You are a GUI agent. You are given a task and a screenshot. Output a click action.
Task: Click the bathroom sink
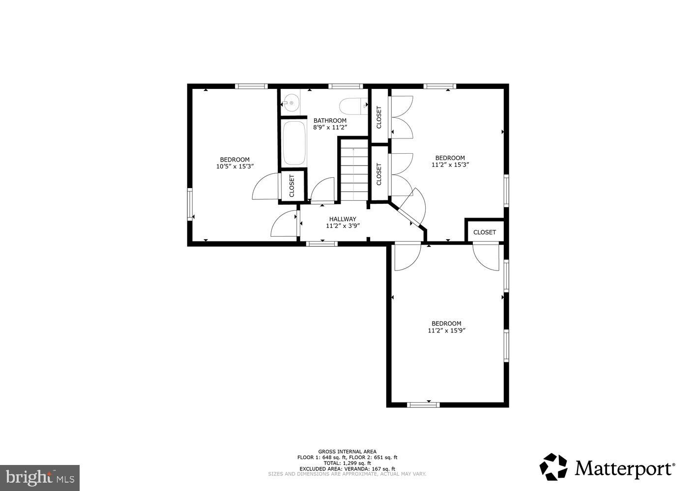click(290, 103)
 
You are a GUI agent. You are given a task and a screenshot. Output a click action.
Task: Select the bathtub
click(294, 143)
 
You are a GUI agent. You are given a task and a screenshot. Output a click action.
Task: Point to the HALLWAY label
click(343, 219)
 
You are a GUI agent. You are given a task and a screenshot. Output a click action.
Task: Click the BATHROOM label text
click(330, 120)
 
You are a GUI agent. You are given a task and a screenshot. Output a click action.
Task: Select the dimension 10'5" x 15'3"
click(234, 166)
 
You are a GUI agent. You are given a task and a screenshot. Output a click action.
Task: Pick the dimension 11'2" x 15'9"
click(446, 330)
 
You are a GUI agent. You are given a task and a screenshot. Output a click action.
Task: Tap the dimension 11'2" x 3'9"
click(343, 226)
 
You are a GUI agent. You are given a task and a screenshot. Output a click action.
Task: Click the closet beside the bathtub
click(292, 185)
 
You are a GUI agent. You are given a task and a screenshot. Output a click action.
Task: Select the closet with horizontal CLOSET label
click(484, 232)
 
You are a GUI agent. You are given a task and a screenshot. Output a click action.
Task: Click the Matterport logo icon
click(554, 467)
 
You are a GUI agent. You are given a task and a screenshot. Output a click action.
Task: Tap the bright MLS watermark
click(40, 477)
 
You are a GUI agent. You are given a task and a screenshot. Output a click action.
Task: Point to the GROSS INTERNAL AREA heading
click(347, 452)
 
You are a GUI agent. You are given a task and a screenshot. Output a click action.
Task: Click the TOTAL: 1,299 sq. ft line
click(347, 463)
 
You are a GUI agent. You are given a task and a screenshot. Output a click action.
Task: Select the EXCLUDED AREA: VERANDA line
click(347, 468)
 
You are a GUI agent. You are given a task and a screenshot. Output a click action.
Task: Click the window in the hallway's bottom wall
click(321, 244)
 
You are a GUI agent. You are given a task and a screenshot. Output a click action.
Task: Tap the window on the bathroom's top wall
click(346, 86)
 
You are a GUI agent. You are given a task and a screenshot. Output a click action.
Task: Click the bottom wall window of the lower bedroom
click(423, 405)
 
